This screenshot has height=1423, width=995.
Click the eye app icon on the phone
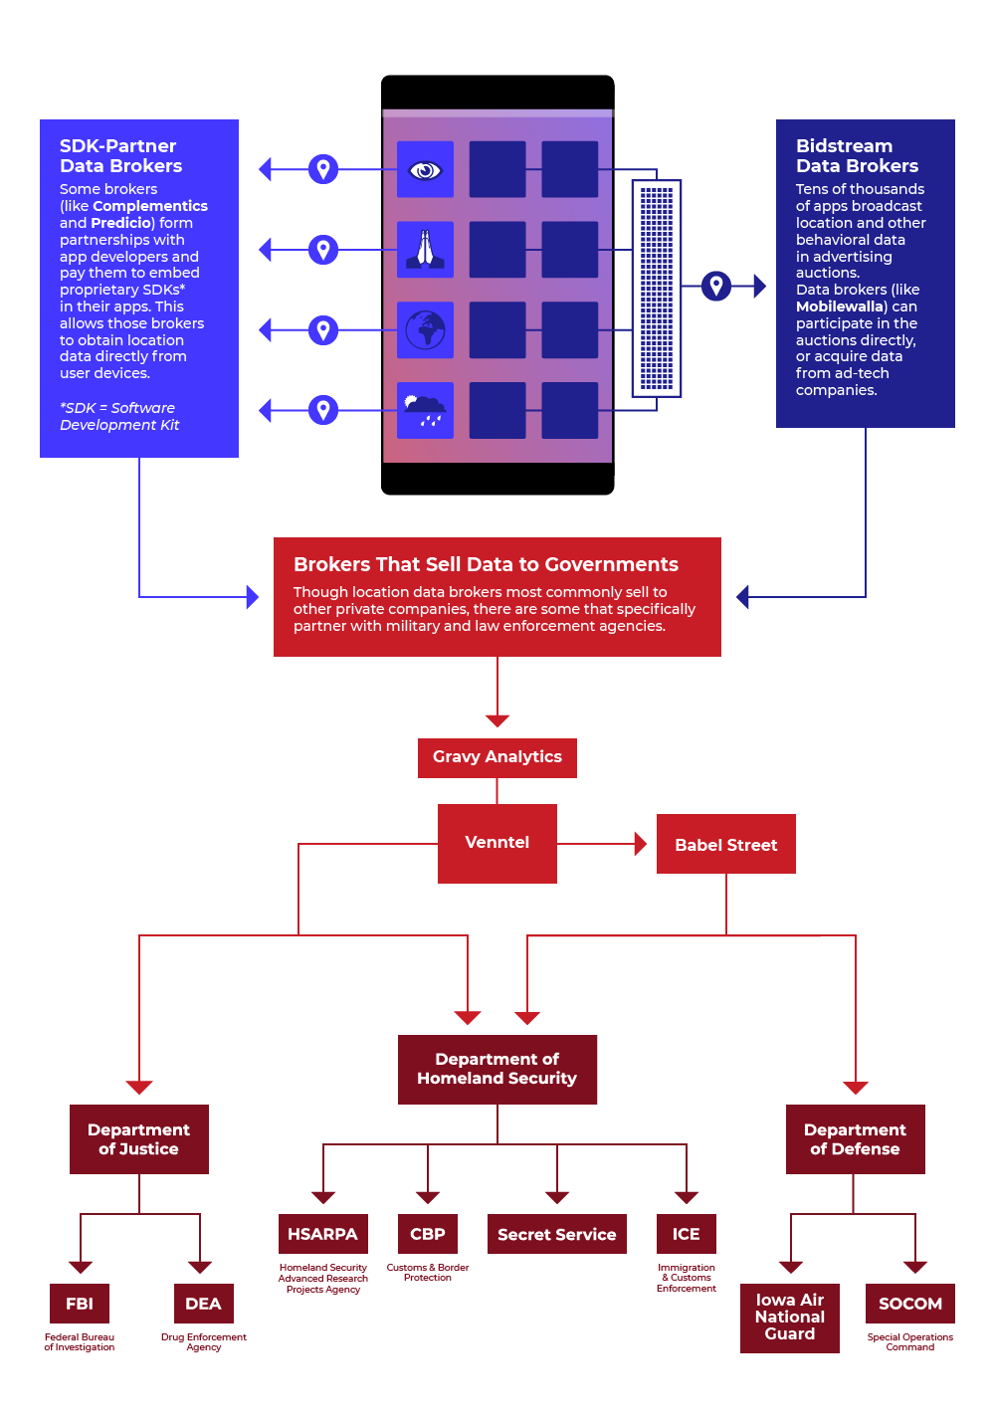(x=425, y=169)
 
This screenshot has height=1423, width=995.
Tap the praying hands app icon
(x=425, y=250)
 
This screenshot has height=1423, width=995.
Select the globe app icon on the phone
(x=425, y=329)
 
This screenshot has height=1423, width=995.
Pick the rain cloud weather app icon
(x=425, y=410)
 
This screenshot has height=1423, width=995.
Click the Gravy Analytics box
(x=497, y=757)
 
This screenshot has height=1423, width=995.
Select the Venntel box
(x=497, y=843)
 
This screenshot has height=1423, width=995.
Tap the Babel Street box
(x=726, y=844)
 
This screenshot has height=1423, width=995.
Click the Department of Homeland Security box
(x=497, y=1069)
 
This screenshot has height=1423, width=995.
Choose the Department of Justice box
(x=139, y=1139)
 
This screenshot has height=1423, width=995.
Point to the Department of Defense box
(x=856, y=1139)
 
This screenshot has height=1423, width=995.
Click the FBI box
(x=80, y=1304)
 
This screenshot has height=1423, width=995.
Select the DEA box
(x=203, y=1304)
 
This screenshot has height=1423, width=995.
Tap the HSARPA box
(x=322, y=1234)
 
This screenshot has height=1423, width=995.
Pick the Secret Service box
(x=557, y=1234)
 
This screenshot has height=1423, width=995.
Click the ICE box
(x=687, y=1234)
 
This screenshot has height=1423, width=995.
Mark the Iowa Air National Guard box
(x=790, y=1318)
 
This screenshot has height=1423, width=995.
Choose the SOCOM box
(x=909, y=1304)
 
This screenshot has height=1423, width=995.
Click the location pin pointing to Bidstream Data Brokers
(x=716, y=287)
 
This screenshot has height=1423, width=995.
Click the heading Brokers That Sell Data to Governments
(x=486, y=564)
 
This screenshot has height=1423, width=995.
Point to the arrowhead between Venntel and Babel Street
(x=641, y=844)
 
